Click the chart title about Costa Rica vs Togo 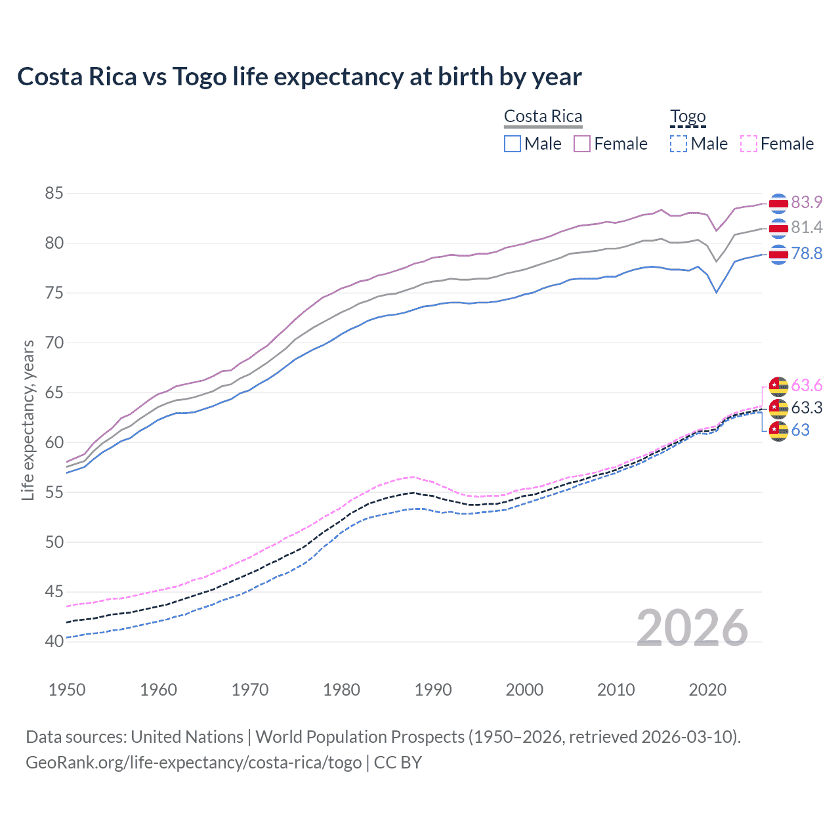pyautogui.click(x=299, y=77)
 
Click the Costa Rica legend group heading pyautogui.click(x=543, y=116)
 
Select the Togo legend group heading pyautogui.click(x=687, y=116)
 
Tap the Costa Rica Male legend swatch pyautogui.click(x=513, y=144)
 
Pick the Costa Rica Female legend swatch pyautogui.click(x=582, y=144)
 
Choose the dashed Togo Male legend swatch pyautogui.click(x=679, y=144)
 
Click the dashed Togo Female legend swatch pyautogui.click(x=748, y=144)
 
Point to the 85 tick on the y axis pyautogui.click(x=54, y=194)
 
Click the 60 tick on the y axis pyautogui.click(x=54, y=442)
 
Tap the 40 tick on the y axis pyautogui.click(x=54, y=641)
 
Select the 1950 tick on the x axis pyautogui.click(x=67, y=690)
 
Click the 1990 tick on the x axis pyautogui.click(x=433, y=690)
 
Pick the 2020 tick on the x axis pyautogui.click(x=707, y=690)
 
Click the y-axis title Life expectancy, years pyautogui.click(x=28, y=420)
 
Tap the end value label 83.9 pyautogui.click(x=807, y=202)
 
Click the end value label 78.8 pyautogui.click(x=807, y=253)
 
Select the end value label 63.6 pyautogui.click(x=807, y=385)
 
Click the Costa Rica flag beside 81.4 pyautogui.click(x=778, y=228)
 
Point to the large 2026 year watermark pyautogui.click(x=692, y=628)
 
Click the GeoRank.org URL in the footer pyautogui.click(x=194, y=763)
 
